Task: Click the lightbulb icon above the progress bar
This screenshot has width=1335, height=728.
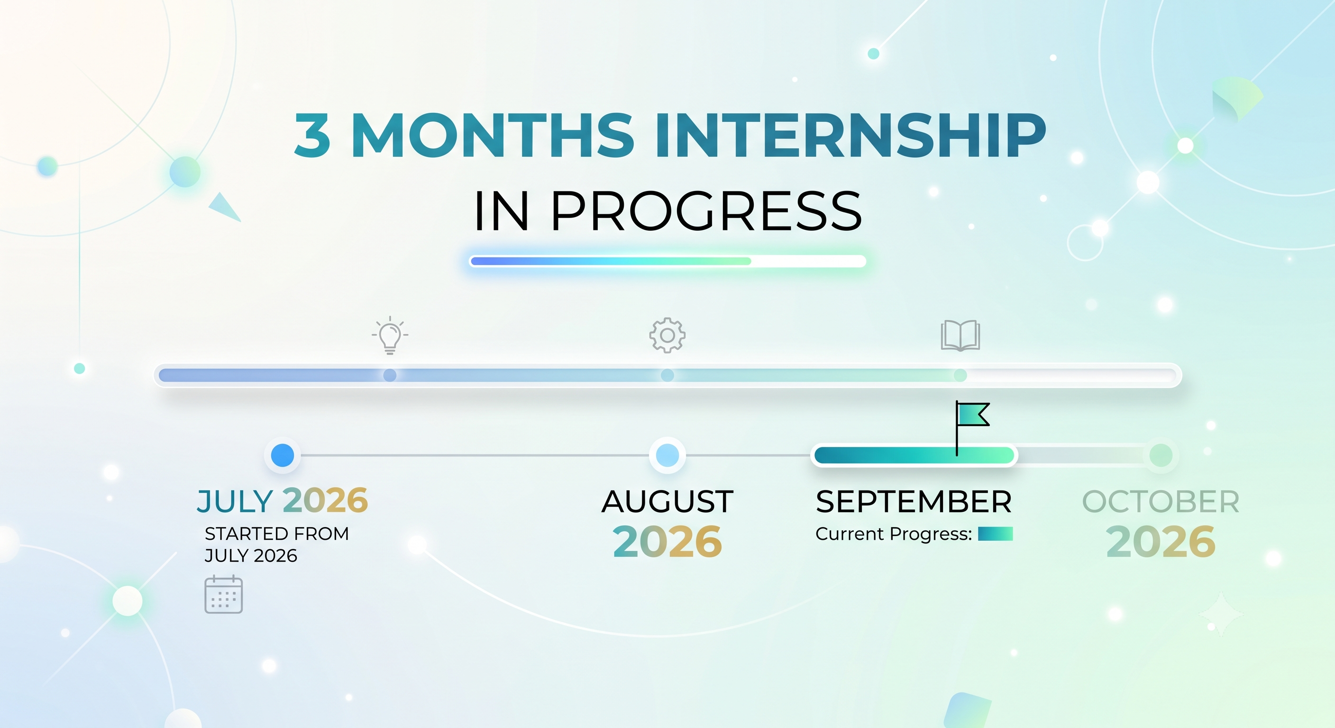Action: pyautogui.click(x=390, y=335)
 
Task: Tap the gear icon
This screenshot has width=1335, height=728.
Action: pyautogui.click(x=667, y=335)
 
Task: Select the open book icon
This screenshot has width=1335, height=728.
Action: pyautogui.click(x=960, y=335)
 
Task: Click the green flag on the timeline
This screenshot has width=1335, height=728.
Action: pyautogui.click(x=973, y=415)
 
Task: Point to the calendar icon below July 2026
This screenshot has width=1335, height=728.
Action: pyautogui.click(x=224, y=594)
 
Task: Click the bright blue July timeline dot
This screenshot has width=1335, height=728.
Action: pyautogui.click(x=283, y=455)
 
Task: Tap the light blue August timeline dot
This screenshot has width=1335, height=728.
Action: pyautogui.click(x=667, y=455)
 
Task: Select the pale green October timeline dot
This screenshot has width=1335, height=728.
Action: pyautogui.click(x=1161, y=455)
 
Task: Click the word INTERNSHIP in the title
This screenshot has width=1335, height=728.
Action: pyautogui.click(x=850, y=135)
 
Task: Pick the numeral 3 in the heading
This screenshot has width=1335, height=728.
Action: pyautogui.click(x=312, y=135)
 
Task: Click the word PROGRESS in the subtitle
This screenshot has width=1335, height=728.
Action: pyautogui.click(x=706, y=211)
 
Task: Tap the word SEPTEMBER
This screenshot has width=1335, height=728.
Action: pyautogui.click(x=914, y=501)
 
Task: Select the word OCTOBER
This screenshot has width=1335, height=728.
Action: pyautogui.click(x=1161, y=501)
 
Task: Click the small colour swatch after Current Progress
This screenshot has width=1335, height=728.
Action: pyautogui.click(x=995, y=534)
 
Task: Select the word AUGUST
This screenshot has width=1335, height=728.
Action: pyautogui.click(x=667, y=501)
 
